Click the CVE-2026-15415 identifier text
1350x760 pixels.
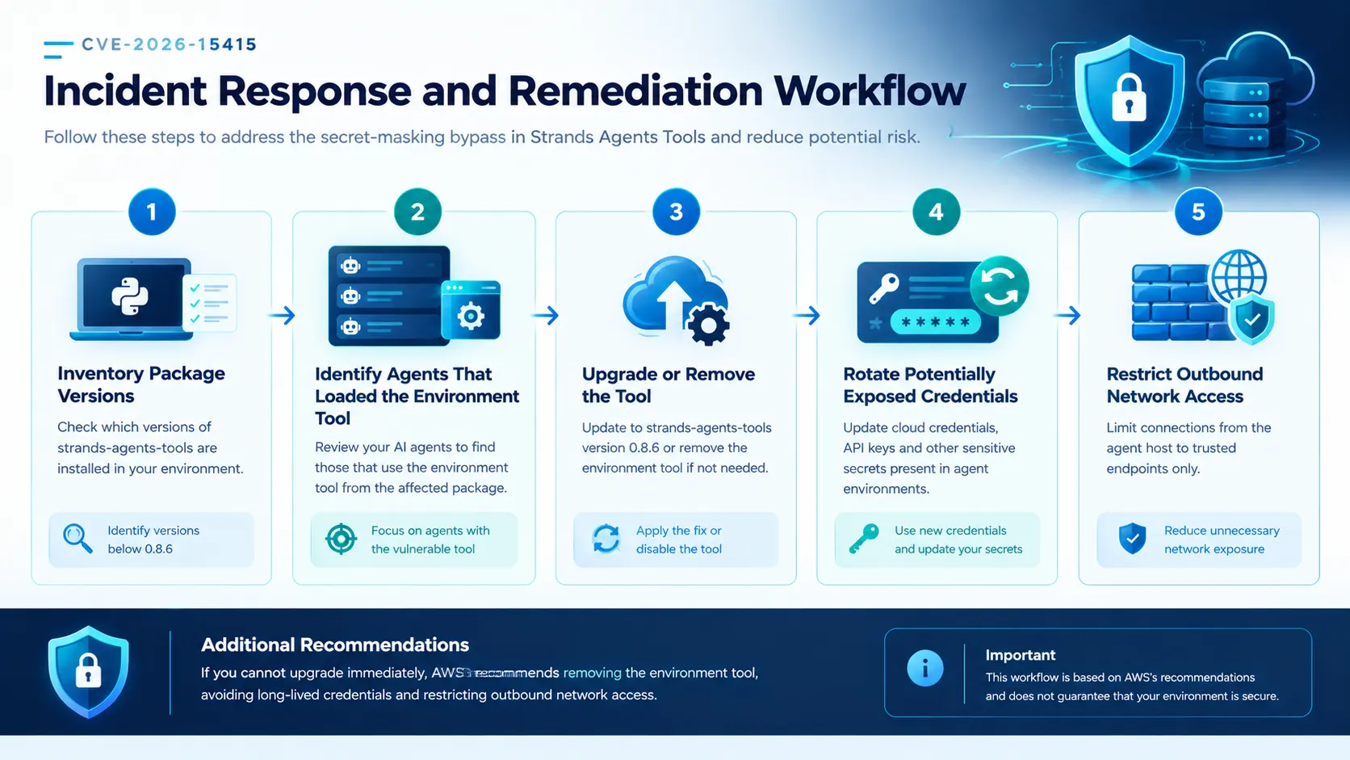click(x=170, y=44)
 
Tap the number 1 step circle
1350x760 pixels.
click(x=152, y=212)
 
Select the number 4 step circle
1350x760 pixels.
click(x=936, y=212)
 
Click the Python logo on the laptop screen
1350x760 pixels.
click(x=130, y=296)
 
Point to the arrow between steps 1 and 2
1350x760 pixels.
click(x=282, y=315)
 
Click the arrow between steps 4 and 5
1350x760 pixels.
click(x=1067, y=315)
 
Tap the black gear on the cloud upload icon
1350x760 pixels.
click(x=707, y=325)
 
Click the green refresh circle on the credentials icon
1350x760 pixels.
click(x=1000, y=286)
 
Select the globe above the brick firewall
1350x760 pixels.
click(x=1239, y=277)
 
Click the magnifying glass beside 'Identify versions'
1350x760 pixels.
click(x=78, y=538)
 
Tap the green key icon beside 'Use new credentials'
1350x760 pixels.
click(x=864, y=538)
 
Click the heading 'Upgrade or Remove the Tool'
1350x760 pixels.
click(x=669, y=385)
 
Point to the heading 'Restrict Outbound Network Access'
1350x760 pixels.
click(x=1184, y=385)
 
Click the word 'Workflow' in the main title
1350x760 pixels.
click(x=870, y=91)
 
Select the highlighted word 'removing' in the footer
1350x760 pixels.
click(x=592, y=673)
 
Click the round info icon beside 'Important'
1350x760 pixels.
click(x=925, y=669)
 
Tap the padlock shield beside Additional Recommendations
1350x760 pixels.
click(x=89, y=671)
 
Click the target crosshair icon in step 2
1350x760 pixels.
click(x=341, y=538)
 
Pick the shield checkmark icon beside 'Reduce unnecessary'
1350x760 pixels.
click(x=1133, y=538)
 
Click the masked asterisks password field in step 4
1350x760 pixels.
click(x=935, y=322)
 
